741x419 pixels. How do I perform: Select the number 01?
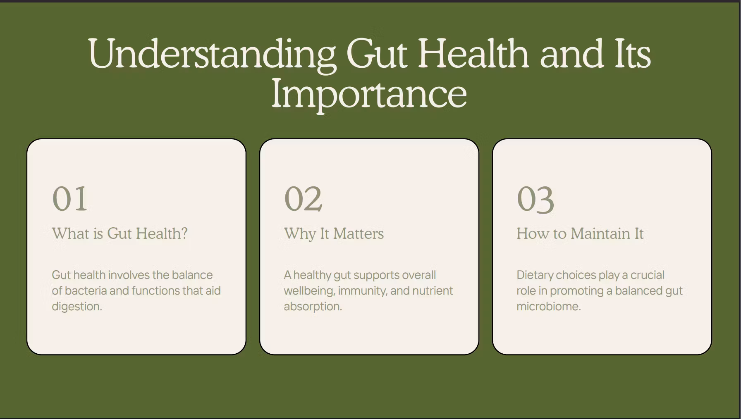point(69,199)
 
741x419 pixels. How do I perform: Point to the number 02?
point(303,199)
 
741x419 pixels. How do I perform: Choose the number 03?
point(535,200)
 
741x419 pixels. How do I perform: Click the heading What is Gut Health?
point(120,233)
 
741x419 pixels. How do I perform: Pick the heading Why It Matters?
point(334,233)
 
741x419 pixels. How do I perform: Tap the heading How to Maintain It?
point(580,233)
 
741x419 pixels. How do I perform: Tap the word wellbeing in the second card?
point(308,291)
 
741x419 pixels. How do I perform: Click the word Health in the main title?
point(473,53)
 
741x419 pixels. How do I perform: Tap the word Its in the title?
point(632,54)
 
